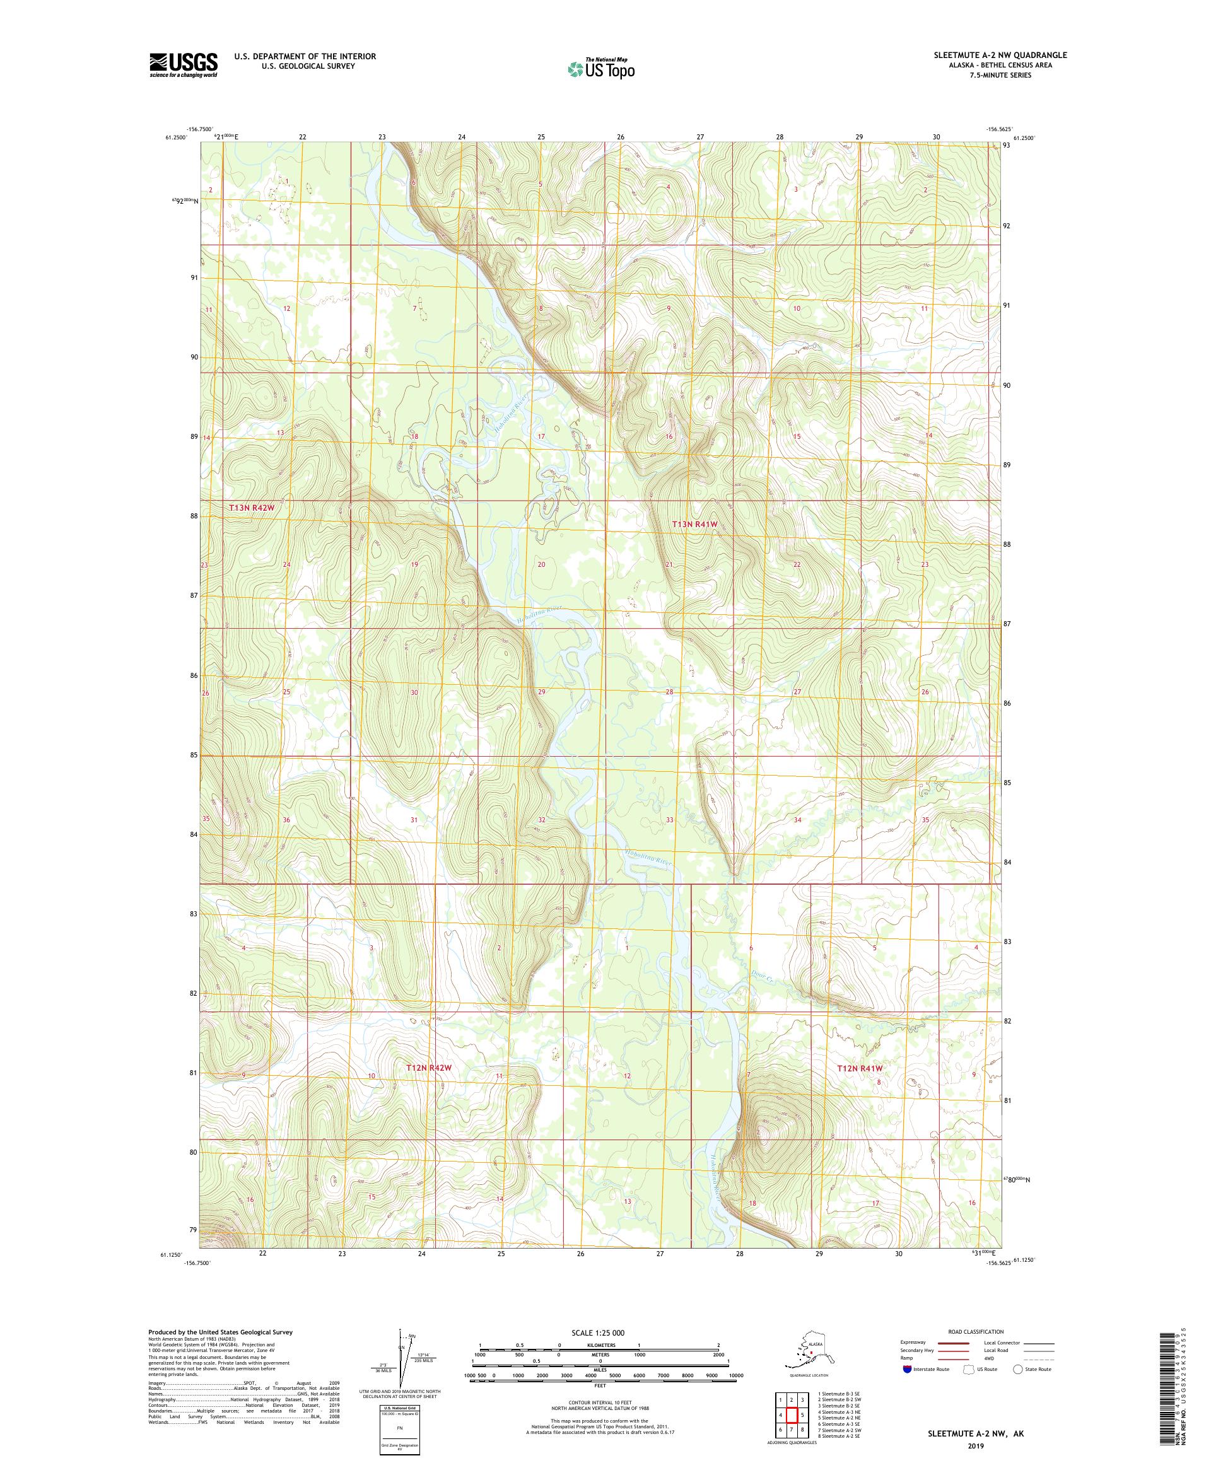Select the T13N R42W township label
click(252, 508)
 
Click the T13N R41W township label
click(694, 524)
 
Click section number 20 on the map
click(541, 564)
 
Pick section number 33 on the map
click(670, 820)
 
